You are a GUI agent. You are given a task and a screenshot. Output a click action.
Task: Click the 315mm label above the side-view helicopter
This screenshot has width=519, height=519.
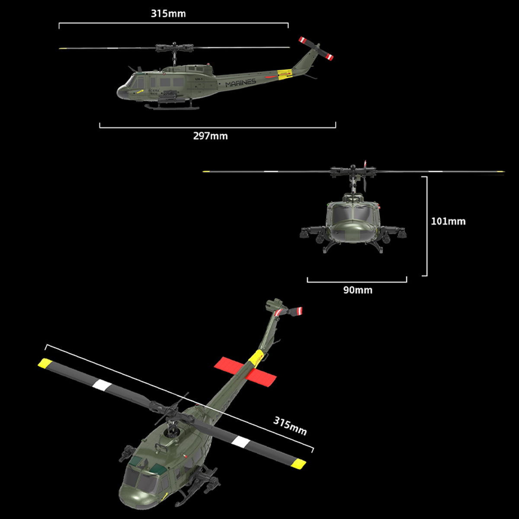click(x=168, y=13)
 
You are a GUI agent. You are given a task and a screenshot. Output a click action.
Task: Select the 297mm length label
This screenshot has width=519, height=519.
click(x=210, y=136)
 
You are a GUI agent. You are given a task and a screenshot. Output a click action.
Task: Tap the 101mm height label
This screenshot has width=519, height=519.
click(x=448, y=221)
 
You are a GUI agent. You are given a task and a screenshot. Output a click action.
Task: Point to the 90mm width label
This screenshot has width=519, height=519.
click(x=358, y=290)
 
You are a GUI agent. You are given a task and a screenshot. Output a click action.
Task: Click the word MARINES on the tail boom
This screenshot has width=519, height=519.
click(x=240, y=83)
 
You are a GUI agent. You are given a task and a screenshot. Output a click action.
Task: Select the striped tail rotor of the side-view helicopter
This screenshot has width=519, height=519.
click(x=316, y=48)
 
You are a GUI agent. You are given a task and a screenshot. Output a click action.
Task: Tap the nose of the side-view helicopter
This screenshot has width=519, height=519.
click(x=122, y=91)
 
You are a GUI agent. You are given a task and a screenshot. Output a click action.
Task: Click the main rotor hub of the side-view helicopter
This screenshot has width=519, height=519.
click(x=174, y=48)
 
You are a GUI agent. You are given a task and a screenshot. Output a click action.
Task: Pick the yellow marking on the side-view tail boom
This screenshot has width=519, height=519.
click(x=284, y=74)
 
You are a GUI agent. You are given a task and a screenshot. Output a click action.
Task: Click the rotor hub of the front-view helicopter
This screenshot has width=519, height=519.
click(x=353, y=171)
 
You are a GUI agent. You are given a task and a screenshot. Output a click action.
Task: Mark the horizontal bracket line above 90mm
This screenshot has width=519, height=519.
click(x=357, y=282)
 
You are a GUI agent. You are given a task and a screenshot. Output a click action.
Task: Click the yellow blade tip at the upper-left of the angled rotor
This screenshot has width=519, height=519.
click(x=45, y=363)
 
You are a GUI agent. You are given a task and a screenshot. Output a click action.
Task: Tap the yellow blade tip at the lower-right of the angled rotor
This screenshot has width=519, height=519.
click(x=298, y=465)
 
